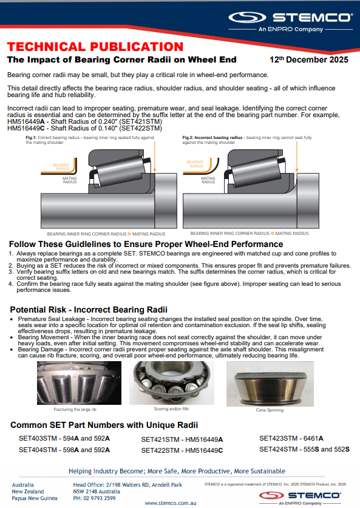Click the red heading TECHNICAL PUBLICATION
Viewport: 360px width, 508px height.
pos(95,47)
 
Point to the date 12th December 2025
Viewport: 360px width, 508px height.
pos(309,59)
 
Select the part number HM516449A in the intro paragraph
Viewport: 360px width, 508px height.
pos(26,122)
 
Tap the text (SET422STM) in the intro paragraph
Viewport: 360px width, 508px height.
pos(144,128)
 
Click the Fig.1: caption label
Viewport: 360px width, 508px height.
pos(31,138)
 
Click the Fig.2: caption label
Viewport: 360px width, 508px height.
pos(188,138)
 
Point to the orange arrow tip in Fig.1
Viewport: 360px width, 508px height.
pos(155,171)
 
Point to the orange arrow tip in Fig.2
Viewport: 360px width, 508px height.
pos(296,171)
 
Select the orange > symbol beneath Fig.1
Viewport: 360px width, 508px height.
pos(129,234)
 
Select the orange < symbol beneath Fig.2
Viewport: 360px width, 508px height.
pos(272,233)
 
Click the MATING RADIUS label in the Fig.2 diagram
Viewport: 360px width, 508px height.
pos(208,180)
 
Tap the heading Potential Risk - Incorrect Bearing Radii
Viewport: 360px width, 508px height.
pos(89,310)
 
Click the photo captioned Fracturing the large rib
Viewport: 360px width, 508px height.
pos(79,383)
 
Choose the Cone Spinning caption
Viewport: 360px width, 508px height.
pos(270,410)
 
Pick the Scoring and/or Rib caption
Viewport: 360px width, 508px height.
pos(171,409)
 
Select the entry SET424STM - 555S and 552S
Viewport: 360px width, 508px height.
pos(304,449)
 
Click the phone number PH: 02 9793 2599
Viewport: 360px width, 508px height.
pos(94,498)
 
